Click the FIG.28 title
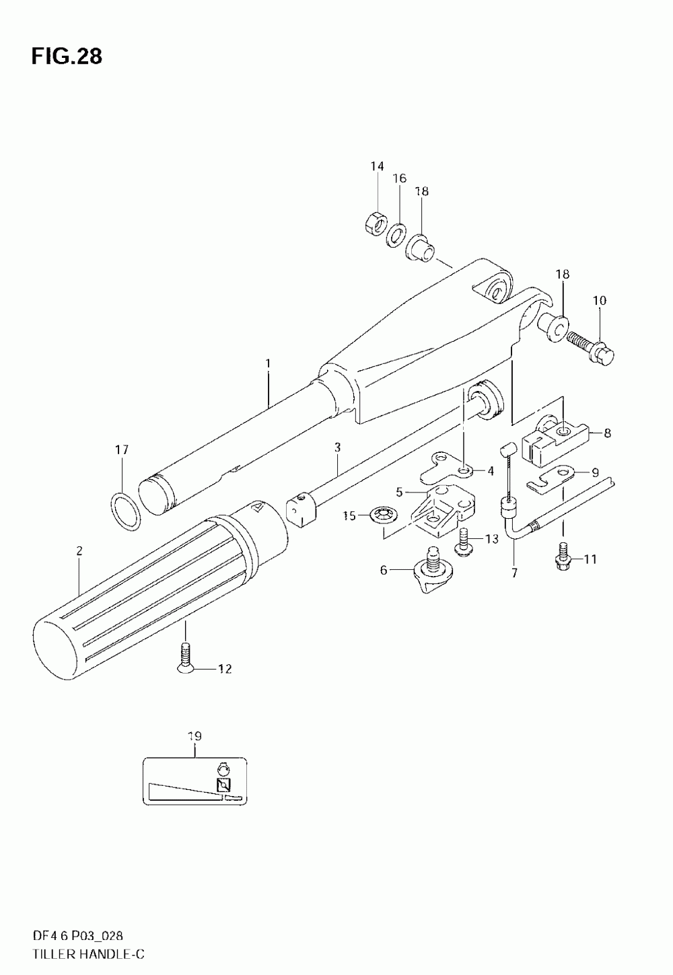coord(66,57)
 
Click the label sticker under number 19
coord(194,781)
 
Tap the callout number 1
coord(267,363)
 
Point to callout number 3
coord(337,447)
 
